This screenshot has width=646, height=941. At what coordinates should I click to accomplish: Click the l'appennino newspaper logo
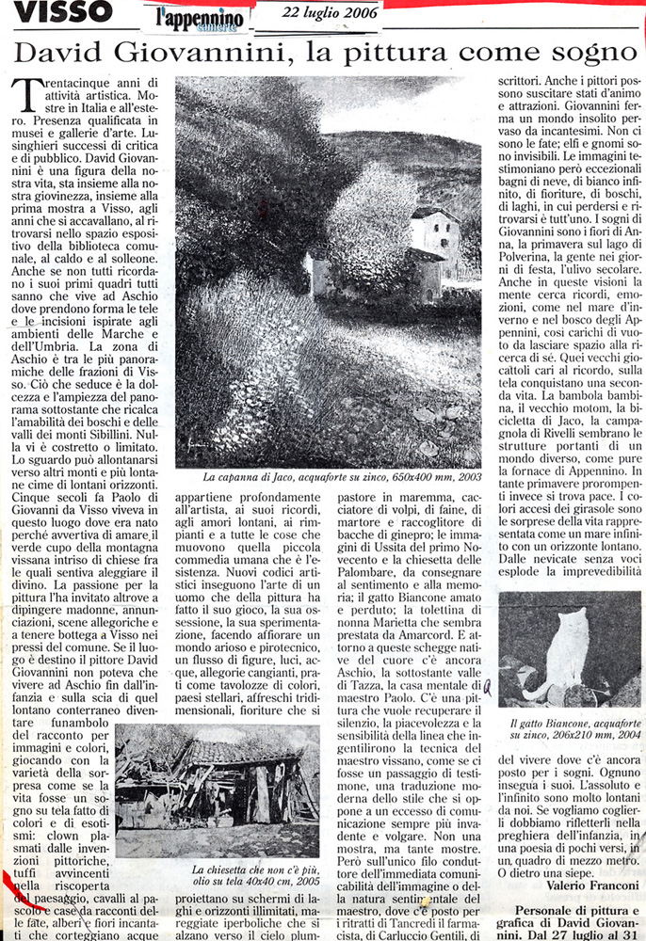coord(186,15)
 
